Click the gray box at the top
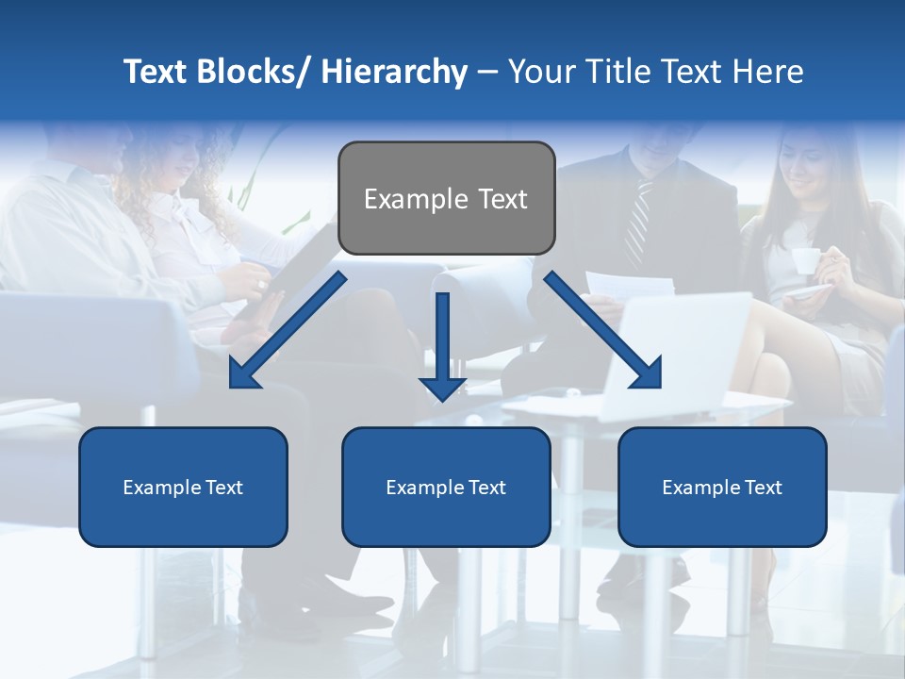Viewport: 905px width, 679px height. (x=446, y=198)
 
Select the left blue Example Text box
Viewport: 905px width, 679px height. (x=183, y=487)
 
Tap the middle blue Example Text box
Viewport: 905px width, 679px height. (x=446, y=487)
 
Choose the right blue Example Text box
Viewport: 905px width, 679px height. (x=722, y=487)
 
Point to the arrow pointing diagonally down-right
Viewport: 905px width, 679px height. (x=603, y=330)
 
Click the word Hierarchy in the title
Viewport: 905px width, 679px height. (x=393, y=72)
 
